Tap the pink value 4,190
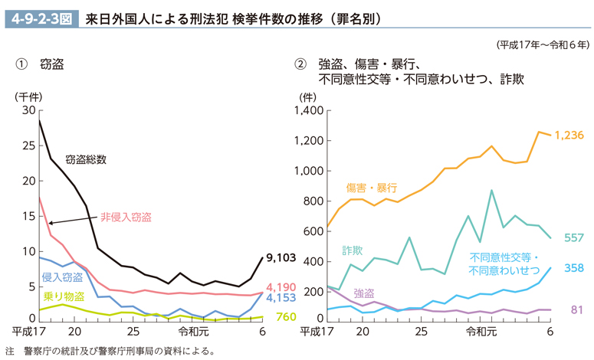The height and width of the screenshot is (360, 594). click(x=282, y=287)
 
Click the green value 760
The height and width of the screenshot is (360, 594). click(x=285, y=317)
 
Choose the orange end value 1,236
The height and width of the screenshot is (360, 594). click(x=569, y=135)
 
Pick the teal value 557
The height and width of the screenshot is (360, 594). click(x=573, y=237)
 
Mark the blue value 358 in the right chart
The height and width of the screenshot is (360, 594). click(x=573, y=268)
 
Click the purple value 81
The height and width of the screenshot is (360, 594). click(x=576, y=309)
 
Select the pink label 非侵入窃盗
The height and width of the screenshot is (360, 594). click(x=126, y=217)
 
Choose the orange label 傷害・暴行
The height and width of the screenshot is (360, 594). click(x=371, y=187)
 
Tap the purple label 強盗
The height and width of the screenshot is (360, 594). click(x=364, y=293)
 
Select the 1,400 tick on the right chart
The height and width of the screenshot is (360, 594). click(x=309, y=111)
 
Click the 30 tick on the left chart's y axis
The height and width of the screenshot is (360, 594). click(x=29, y=110)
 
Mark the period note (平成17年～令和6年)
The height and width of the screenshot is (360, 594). click(x=542, y=44)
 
